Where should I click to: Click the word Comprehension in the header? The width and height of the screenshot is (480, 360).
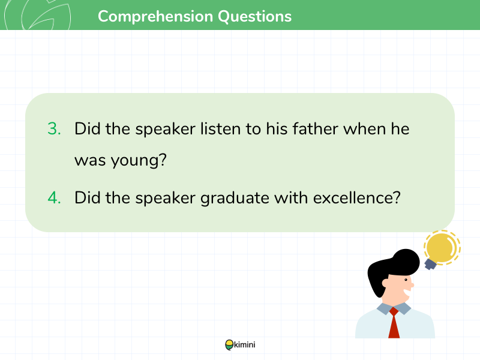click(155, 17)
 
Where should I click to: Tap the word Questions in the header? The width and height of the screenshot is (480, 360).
click(254, 17)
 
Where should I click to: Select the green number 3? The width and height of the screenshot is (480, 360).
click(54, 128)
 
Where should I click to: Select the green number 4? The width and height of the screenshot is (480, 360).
click(54, 197)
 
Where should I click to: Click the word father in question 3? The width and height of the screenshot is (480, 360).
click(316, 128)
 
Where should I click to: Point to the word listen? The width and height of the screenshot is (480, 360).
click(220, 128)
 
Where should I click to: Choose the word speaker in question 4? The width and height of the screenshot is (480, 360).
click(166, 199)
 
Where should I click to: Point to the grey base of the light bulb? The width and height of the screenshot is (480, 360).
click(430, 264)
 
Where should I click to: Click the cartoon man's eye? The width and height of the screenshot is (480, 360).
click(406, 280)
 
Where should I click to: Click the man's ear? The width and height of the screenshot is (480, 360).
click(385, 283)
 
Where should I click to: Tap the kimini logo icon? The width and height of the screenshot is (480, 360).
click(229, 345)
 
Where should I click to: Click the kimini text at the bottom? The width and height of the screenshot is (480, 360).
click(245, 344)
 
